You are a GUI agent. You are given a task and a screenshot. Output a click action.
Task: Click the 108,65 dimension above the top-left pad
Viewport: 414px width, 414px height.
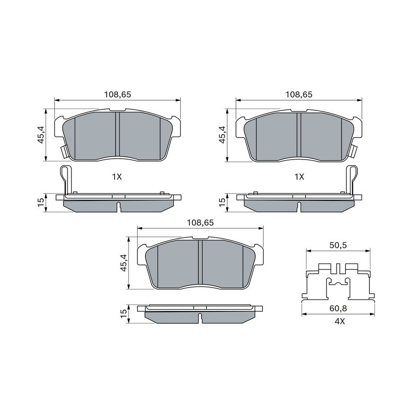point(117,94)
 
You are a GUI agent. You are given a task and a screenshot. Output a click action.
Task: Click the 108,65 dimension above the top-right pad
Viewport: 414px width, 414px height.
point(299,94)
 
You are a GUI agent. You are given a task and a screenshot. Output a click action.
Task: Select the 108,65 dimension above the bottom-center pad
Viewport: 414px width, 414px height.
point(200,223)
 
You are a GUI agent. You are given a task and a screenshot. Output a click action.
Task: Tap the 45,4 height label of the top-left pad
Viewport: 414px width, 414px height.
point(41,135)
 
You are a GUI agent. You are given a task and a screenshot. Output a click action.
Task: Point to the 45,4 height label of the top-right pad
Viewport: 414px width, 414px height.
point(223,135)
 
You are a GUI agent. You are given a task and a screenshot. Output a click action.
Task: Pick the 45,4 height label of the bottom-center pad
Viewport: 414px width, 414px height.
point(124,263)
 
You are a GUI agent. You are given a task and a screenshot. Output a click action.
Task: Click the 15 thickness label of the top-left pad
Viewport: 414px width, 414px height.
point(41,202)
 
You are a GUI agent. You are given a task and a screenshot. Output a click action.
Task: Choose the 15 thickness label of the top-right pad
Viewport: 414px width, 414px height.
point(223,202)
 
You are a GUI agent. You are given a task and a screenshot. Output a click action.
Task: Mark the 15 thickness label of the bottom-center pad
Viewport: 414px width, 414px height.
point(124,313)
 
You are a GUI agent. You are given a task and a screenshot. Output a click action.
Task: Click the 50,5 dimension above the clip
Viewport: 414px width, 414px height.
point(338,245)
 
